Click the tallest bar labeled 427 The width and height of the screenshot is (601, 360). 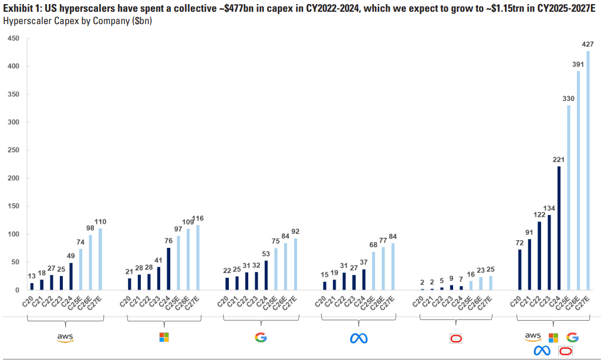click(x=588, y=170)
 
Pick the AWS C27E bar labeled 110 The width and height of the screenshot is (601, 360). click(x=99, y=259)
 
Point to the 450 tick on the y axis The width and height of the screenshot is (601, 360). click(x=13, y=39)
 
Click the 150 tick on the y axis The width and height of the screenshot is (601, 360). click(x=13, y=206)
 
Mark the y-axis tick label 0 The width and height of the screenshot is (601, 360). click(x=17, y=290)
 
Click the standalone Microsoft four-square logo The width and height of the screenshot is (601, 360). click(x=164, y=337)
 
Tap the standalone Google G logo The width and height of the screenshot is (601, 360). click(x=261, y=337)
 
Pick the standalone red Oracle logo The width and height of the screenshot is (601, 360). click(x=456, y=338)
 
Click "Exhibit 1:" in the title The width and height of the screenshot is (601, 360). click(x=22, y=7)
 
